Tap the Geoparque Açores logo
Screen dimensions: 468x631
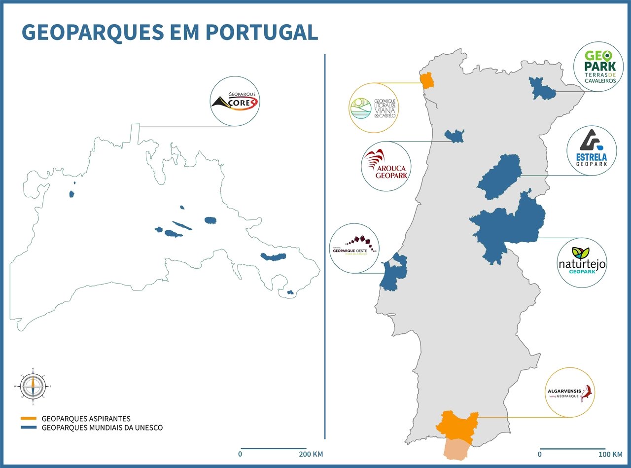(x=235, y=101)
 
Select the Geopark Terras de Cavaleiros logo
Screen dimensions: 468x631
(x=598, y=66)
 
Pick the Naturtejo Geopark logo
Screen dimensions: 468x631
(x=582, y=263)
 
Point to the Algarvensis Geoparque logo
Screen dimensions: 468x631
(x=570, y=392)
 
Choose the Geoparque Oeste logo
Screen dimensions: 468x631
(x=354, y=248)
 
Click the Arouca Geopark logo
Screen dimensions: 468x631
(x=386, y=166)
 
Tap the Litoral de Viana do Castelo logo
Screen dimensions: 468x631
(x=373, y=108)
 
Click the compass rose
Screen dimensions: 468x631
(x=33, y=386)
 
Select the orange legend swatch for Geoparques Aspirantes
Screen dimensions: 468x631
(x=29, y=419)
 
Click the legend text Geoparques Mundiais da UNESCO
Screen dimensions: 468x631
(x=102, y=428)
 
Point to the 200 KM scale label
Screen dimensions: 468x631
(x=311, y=454)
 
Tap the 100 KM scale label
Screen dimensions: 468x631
(x=610, y=454)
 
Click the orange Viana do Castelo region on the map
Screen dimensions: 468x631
(x=426, y=80)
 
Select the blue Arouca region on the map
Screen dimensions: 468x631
(x=454, y=136)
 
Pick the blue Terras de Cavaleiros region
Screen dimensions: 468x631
(x=541, y=88)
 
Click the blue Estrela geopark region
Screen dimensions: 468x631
(x=500, y=177)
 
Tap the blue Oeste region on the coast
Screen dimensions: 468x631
(x=392, y=274)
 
